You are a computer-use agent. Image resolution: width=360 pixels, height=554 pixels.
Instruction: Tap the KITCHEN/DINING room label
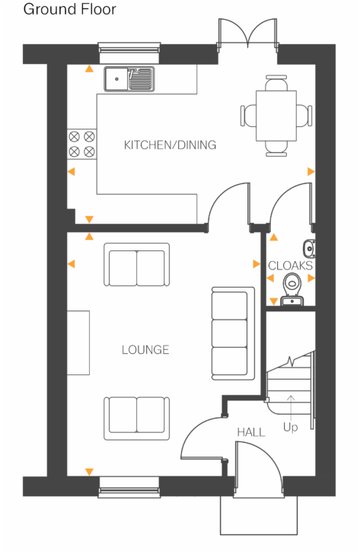tap(170, 145)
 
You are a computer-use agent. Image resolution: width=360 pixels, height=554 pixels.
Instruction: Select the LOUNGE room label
tap(145, 350)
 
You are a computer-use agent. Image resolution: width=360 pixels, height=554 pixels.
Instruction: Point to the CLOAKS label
tap(290, 266)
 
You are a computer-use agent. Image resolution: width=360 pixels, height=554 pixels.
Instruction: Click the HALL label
tap(250, 432)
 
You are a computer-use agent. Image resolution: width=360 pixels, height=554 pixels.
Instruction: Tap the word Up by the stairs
tap(290, 428)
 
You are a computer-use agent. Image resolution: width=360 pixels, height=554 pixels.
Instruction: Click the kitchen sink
tap(130, 77)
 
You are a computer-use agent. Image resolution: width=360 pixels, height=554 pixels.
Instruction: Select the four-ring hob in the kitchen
tap(82, 144)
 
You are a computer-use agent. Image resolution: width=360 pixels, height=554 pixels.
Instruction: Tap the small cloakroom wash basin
tap(308, 247)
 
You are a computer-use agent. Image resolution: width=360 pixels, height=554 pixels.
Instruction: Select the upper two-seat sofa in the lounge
tap(136, 264)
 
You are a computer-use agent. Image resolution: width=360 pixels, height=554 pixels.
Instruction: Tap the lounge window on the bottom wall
tap(129, 492)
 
